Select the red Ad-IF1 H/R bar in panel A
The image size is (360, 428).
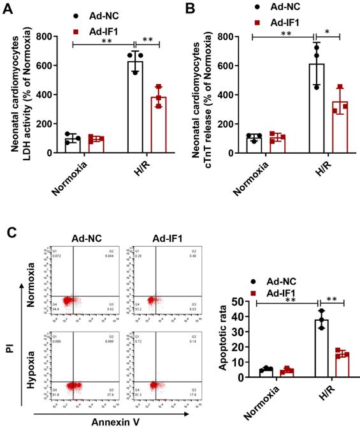pyautogui.click(x=157, y=125)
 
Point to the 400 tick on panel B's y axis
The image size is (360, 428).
pyautogui.click(x=227, y=95)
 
